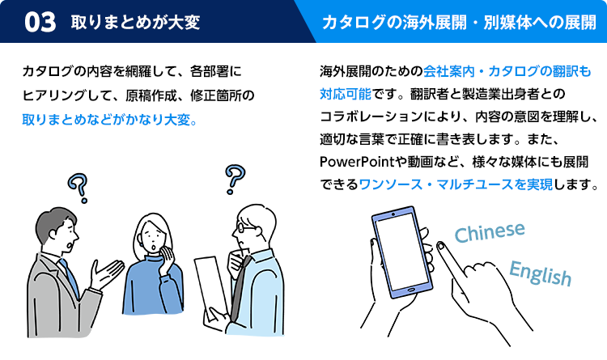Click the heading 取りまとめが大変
134,23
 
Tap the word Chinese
490,232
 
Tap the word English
540,273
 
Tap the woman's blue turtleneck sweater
152,287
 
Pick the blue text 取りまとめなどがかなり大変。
110,118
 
